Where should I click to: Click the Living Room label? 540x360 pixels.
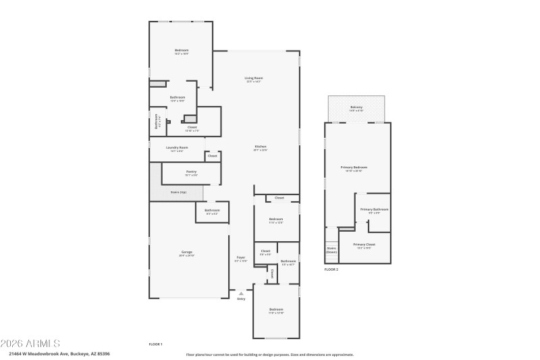pyautogui.click(x=254, y=78)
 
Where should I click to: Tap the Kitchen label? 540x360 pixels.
pyautogui.click(x=261, y=147)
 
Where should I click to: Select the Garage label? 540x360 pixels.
pyautogui.click(x=186, y=252)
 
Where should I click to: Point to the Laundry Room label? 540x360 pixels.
pyautogui.click(x=177, y=147)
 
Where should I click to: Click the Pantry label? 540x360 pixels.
pyautogui.click(x=191, y=172)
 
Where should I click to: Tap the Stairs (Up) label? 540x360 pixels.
pyautogui.click(x=178, y=192)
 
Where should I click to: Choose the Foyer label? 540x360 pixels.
pyautogui.click(x=241, y=257)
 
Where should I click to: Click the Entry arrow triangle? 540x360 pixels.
pyautogui.click(x=241, y=293)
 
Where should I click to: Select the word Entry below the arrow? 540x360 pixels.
pyautogui.click(x=241, y=299)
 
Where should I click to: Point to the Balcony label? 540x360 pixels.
pyautogui.click(x=356, y=107)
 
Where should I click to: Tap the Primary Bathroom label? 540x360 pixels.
pyautogui.click(x=374, y=209)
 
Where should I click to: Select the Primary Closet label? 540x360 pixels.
pyautogui.click(x=364, y=245)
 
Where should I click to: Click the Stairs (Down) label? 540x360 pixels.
pyautogui.click(x=331, y=250)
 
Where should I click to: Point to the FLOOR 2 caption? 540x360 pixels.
pyautogui.click(x=331, y=269)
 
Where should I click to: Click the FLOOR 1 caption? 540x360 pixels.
pyautogui.click(x=155, y=344)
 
